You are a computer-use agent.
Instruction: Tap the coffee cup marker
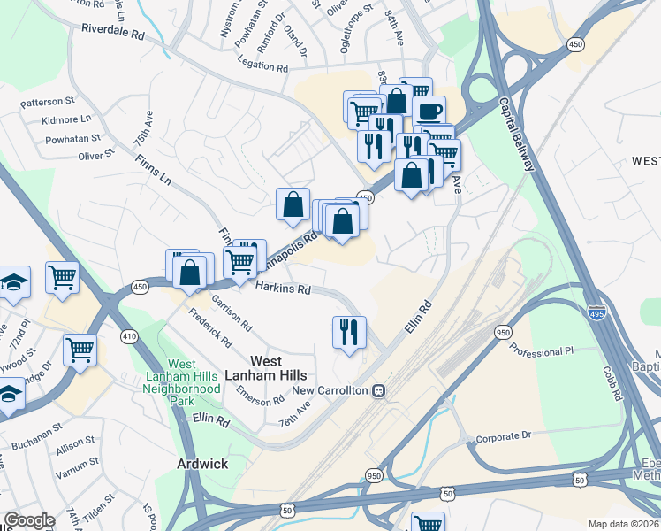pos(429,112)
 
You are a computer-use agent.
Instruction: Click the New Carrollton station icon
pos(378,390)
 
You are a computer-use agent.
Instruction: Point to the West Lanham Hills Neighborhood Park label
pos(182,376)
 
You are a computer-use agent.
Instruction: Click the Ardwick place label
pos(201,464)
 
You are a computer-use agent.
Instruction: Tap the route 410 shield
pos(129,336)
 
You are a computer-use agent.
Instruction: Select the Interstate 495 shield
pos(596,312)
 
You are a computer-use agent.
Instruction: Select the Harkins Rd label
pos(283,289)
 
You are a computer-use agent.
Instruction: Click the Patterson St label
pos(49,101)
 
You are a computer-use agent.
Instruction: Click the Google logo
pos(29,520)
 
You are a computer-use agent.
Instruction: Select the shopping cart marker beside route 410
pos(80,349)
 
